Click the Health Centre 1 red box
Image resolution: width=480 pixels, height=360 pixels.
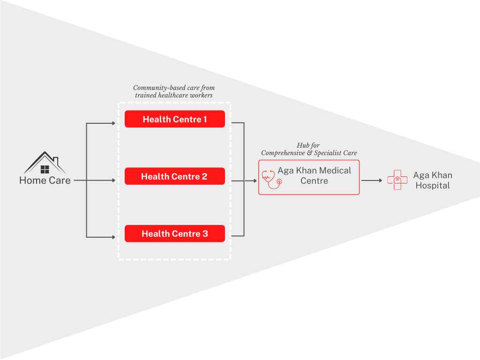(x=175, y=119)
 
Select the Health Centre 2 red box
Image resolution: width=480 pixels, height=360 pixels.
(x=175, y=176)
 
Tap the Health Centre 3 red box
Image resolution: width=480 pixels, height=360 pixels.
(x=175, y=233)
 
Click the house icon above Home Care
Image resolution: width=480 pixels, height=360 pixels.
(x=45, y=163)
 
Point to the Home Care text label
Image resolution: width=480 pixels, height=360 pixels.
(x=45, y=180)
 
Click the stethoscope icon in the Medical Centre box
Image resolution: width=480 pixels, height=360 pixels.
(x=271, y=180)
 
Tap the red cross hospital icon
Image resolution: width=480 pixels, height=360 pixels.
(x=397, y=180)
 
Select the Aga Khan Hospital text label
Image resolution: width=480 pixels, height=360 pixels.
(x=433, y=180)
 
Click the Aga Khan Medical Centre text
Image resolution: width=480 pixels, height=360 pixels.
(x=315, y=175)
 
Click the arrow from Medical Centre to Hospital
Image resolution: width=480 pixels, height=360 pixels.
(x=372, y=180)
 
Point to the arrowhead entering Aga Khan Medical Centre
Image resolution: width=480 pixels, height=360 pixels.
(x=255, y=181)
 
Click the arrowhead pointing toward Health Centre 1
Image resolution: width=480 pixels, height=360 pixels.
(x=113, y=123)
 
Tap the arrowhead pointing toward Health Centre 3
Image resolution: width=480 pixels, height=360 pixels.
(x=113, y=237)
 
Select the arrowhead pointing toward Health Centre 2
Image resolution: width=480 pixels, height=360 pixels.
(x=113, y=180)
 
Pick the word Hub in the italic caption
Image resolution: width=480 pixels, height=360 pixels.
(x=301, y=145)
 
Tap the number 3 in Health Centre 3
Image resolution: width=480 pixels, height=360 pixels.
(x=205, y=233)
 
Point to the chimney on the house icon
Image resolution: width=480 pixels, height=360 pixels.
(x=56, y=160)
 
